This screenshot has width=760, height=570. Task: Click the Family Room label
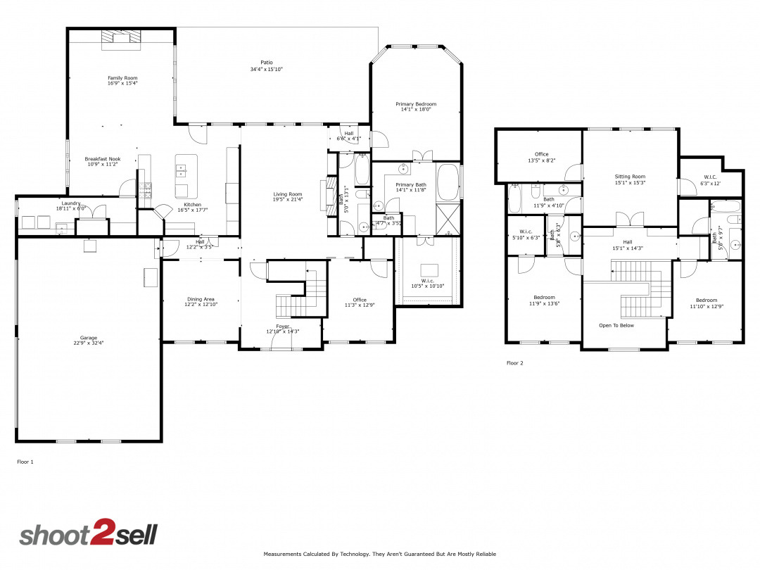[x=122, y=78]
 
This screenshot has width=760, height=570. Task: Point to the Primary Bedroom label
[x=416, y=104]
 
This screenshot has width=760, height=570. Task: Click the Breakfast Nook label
[x=103, y=159]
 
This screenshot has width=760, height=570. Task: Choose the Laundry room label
[x=71, y=203]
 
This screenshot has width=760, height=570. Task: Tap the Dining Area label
[x=201, y=299]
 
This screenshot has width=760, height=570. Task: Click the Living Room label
[x=288, y=194]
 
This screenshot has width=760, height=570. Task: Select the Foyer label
[x=282, y=327]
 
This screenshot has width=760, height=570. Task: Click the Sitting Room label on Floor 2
[x=630, y=177]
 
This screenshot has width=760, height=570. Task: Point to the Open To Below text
[x=616, y=326]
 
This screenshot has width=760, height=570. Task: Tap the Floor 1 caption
[x=25, y=462]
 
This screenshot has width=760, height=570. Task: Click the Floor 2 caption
[x=514, y=363]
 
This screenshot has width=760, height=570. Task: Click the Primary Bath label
[x=411, y=185]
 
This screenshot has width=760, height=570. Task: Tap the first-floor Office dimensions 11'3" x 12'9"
[x=360, y=305]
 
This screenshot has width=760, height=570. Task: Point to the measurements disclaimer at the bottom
[x=380, y=555]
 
